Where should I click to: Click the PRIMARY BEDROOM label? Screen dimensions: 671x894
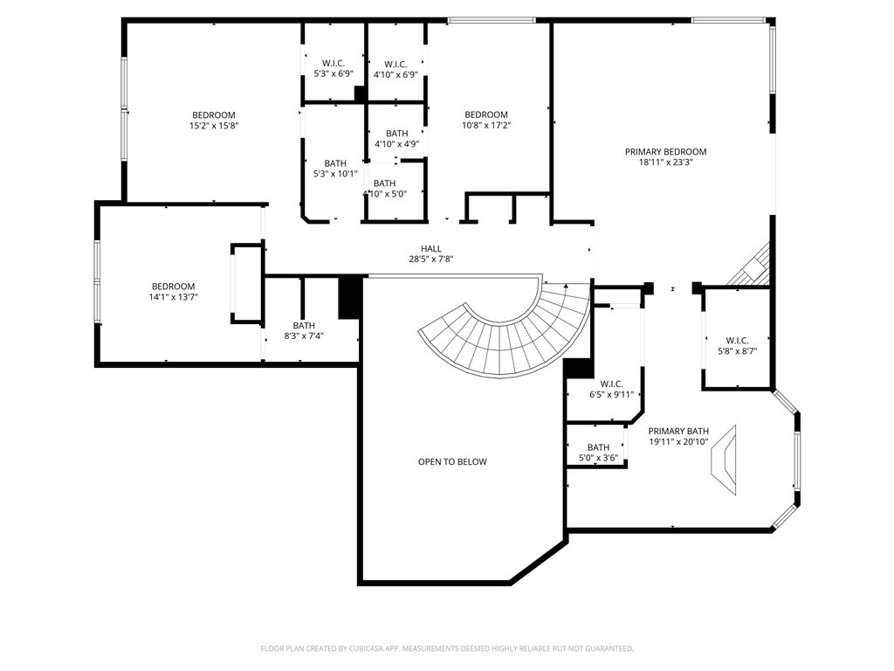click(x=665, y=151)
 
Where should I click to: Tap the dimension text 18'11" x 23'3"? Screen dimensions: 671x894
click(x=665, y=162)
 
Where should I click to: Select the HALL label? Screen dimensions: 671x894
click(x=430, y=248)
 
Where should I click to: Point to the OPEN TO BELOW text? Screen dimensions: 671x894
click(x=452, y=461)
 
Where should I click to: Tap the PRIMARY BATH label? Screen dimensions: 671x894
click(x=678, y=431)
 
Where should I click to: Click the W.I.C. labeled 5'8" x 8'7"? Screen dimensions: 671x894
click(x=737, y=341)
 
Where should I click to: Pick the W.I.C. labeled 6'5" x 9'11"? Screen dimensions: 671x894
click(x=611, y=384)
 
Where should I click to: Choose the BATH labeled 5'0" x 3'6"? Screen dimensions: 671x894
click(x=598, y=447)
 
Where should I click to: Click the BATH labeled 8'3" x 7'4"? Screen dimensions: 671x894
click(x=304, y=325)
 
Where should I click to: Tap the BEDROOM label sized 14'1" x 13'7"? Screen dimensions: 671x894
click(x=173, y=287)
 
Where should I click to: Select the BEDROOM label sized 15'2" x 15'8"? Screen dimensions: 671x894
click(x=214, y=115)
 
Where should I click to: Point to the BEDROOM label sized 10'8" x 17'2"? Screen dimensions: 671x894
click(x=486, y=114)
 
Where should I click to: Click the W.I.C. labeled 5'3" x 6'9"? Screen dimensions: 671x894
click(x=333, y=64)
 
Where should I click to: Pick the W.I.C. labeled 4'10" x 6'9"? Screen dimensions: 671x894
click(x=395, y=64)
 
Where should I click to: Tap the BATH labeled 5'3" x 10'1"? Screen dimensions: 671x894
click(x=335, y=163)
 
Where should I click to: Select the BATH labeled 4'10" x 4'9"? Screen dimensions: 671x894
click(x=397, y=134)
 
